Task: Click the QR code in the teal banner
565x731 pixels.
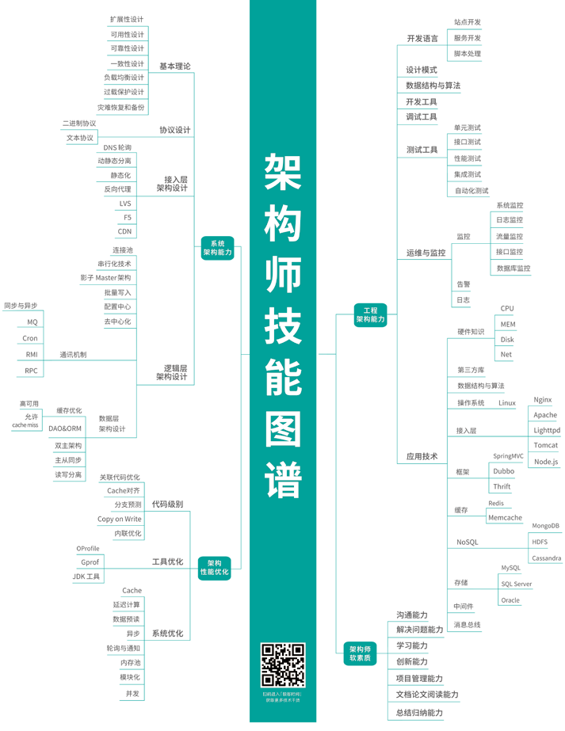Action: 283,665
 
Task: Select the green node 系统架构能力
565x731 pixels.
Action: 217,248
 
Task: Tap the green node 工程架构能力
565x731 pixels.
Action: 370,314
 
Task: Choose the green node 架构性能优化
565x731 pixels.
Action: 214,567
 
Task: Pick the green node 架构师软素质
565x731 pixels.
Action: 361,653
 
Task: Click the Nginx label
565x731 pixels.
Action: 543,400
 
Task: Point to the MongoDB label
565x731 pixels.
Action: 545,526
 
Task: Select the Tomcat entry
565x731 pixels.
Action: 546,446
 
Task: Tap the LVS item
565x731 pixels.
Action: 125,204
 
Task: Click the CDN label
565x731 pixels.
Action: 125,231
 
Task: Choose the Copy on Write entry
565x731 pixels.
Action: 120,519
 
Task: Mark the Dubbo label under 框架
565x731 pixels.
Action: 503,471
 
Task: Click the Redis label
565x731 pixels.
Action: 496,503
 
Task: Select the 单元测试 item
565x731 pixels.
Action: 467,128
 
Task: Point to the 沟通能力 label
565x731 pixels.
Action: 412,615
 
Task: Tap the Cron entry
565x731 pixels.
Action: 30,338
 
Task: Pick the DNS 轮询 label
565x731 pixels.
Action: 117,147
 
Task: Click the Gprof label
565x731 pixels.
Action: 90,562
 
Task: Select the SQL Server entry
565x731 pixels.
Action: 517,584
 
